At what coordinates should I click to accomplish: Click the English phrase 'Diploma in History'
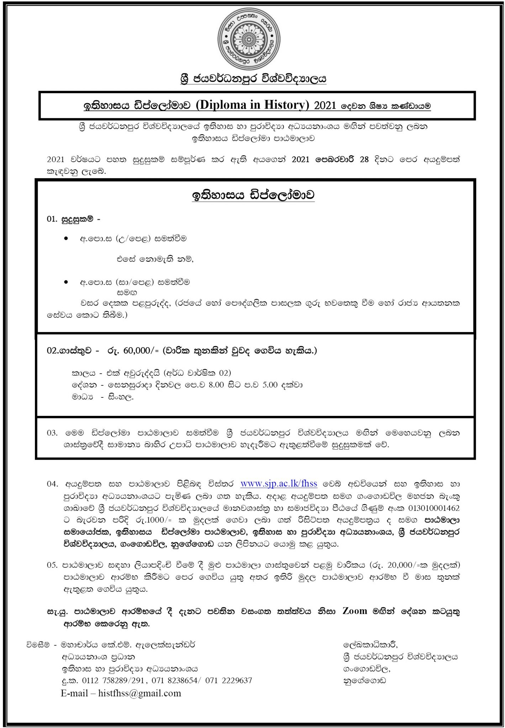(x=253, y=105)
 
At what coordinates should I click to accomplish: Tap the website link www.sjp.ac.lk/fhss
(x=279, y=484)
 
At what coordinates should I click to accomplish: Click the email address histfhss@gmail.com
(x=140, y=693)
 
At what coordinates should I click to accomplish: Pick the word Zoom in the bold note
(x=354, y=611)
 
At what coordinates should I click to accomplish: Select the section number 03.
(x=52, y=433)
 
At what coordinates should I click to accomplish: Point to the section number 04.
(x=52, y=484)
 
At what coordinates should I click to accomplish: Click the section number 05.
(x=52, y=564)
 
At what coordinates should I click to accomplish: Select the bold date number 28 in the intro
(x=364, y=159)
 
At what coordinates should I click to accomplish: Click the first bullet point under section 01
(x=66, y=239)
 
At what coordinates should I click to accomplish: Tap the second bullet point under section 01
(x=66, y=282)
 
